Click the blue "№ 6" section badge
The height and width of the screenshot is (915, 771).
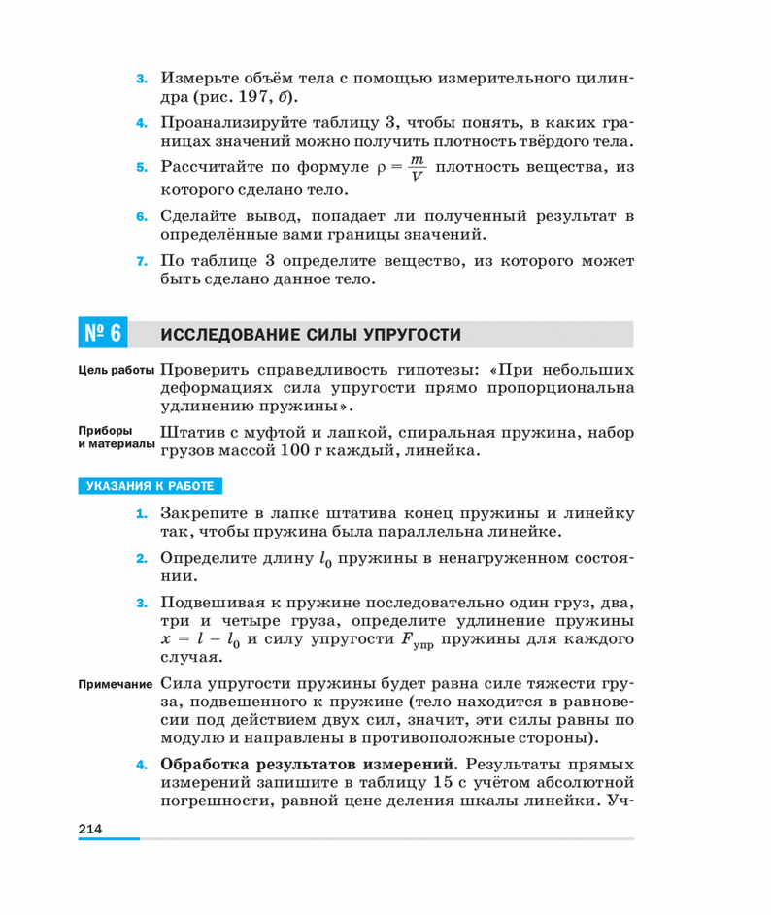pyautogui.click(x=101, y=334)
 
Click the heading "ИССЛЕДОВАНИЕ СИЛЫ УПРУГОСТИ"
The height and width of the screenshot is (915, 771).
pyautogui.click(x=311, y=335)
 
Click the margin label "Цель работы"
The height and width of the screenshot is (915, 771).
pyautogui.click(x=114, y=371)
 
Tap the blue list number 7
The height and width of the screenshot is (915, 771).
pyautogui.click(x=141, y=262)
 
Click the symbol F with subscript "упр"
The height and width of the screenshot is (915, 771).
pyautogui.click(x=412, y=641)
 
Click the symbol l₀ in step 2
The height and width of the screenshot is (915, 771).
pyautogui.click(x=326, y=559)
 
